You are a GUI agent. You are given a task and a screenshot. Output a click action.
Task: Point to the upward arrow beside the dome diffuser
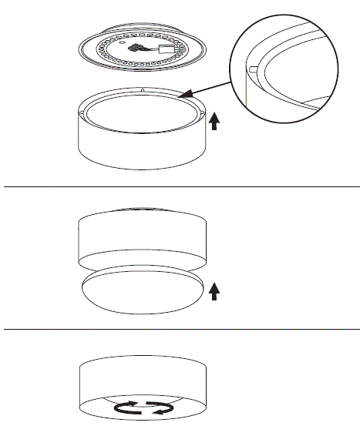pos(214,290)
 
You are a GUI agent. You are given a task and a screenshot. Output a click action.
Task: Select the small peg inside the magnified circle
pos(252,68)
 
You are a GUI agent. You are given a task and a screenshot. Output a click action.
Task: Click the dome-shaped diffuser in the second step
pos(143,293)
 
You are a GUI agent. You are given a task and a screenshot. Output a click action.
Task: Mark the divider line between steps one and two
pos(180,186)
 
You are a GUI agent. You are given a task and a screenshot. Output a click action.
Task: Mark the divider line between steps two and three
pos(180,329)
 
